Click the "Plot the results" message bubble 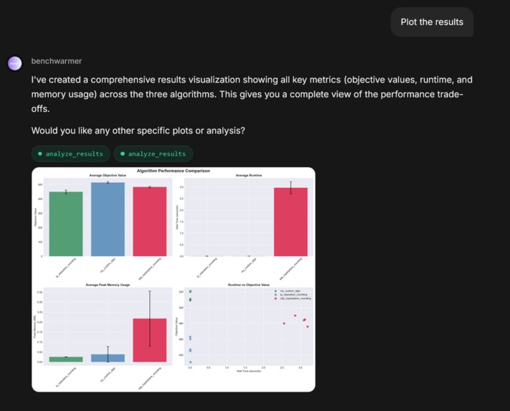pyautogui.click(x=432, y=22)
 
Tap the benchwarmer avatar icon pyautogui.click(x=15, y=63)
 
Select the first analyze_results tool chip pyautogui.click(x=70, y=153)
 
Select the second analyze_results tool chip pyautogui.click(x=153, y=153)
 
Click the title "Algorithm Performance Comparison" pyautogui.click(x=174, y=171)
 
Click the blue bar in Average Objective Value pyautogui.click(x=108, y=219)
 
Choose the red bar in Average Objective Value pyautogui.click(x=149, y=222)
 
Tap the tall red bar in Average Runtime pyautogui.click(x=291, y=222)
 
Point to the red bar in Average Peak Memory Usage pyautogui.click(x=149, y=340)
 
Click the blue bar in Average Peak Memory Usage pyautogui.click(x=108, y=358)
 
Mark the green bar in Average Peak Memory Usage pyautogui.click(x=66, y=359)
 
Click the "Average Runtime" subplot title pyautogui.click(x=249, y=176)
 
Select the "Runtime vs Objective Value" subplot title pyautogui.click(x=249, y=285)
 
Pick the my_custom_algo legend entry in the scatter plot pyautogui.click(x=291, y=290)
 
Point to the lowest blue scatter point pyautogui.click(x=190, y=362)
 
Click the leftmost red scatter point pyautogui.click(x=284, y=323)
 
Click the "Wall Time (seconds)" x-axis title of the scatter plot pyautogui.click(x=249, y=372)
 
